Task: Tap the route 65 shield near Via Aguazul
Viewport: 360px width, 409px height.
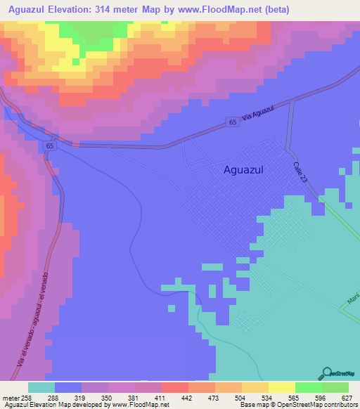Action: click(x=232, y=122)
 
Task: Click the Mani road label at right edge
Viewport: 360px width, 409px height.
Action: click(x=352, y=301)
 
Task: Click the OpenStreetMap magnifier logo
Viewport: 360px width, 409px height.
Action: click(x=326, y=373)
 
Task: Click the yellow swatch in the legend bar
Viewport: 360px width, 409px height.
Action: click(x=282, y=387)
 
